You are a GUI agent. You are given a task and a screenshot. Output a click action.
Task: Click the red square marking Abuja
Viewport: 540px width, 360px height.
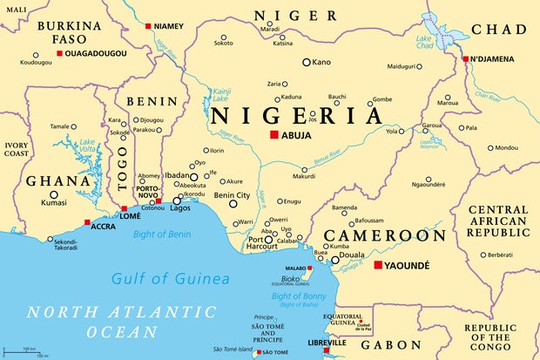point(273,135)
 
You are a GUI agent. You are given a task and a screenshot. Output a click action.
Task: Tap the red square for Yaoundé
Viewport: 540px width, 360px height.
point(378,265)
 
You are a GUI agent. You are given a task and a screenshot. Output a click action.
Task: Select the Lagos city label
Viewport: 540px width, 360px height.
point(181,209)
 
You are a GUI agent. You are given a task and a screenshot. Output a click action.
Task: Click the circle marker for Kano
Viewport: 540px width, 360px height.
point(307,62)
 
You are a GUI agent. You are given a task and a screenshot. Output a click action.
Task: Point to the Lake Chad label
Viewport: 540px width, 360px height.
point(424,41)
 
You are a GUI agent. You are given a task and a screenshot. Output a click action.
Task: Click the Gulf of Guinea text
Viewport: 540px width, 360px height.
point(171,279)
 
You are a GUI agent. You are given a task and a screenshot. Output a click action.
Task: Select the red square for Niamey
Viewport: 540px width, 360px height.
point(148,26)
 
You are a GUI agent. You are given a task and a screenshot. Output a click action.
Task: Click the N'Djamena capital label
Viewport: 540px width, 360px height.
point(496,59)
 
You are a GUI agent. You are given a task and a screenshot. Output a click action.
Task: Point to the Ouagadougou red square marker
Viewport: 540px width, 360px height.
point(59,54)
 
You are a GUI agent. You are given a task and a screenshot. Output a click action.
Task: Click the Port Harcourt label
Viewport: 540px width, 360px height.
point(261,244)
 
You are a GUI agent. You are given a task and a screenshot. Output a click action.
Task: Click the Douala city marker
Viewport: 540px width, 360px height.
point(335,260)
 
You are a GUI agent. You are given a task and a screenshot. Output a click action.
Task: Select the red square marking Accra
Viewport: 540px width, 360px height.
point(86,222)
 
